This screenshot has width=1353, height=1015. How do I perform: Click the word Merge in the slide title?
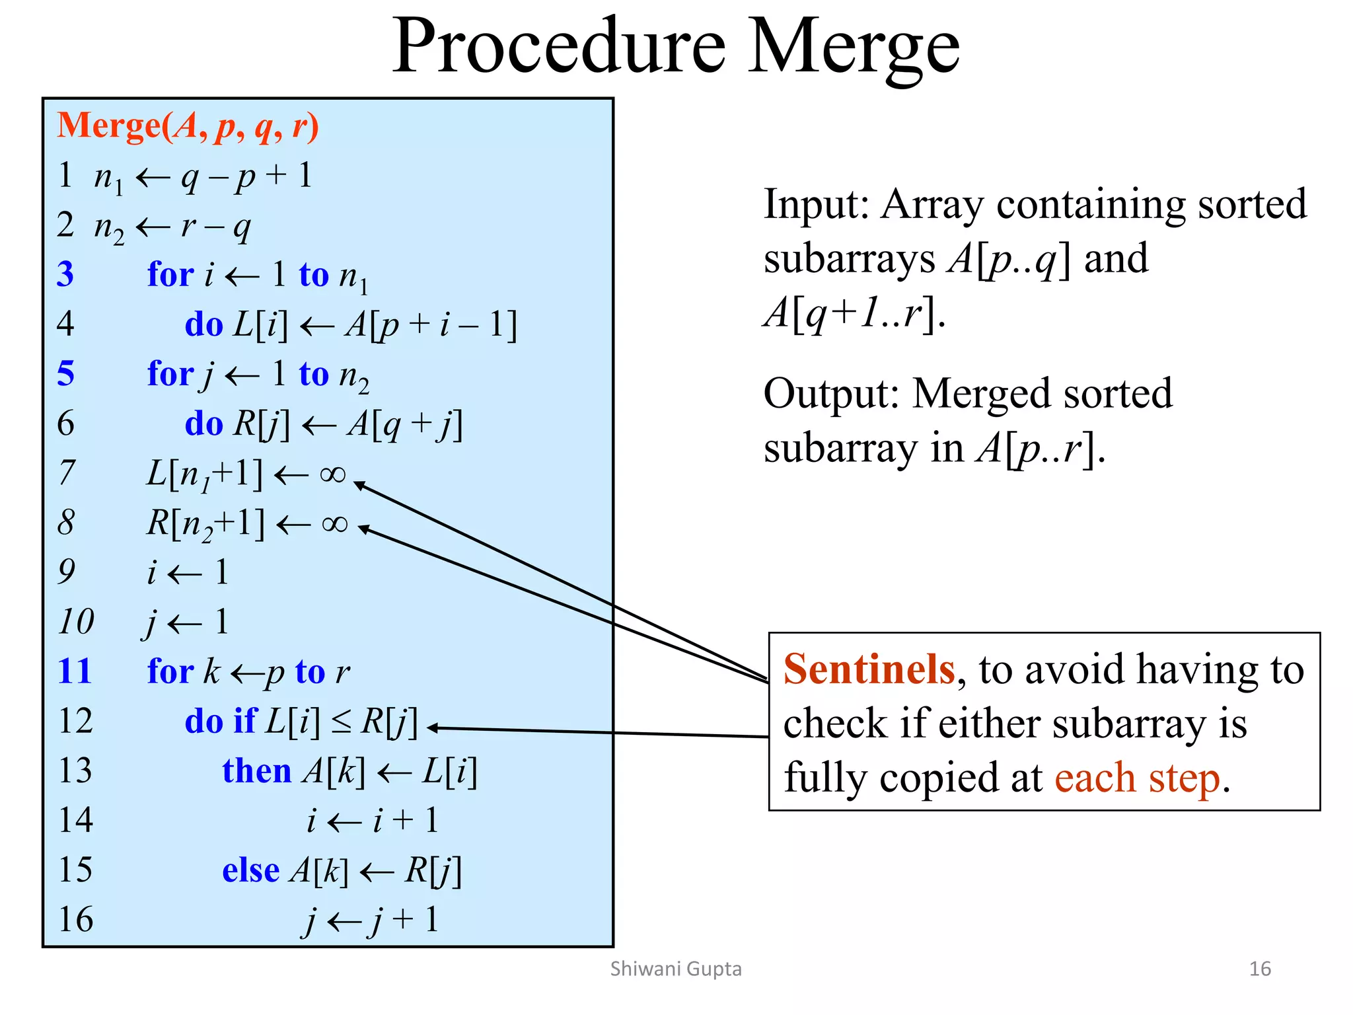coord(854,48)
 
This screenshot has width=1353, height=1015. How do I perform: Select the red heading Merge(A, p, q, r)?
coord(188,126)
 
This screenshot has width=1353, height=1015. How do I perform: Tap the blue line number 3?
coord(65,274)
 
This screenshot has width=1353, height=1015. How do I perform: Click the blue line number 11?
coord(74,671)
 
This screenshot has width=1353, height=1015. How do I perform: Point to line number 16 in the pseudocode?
coord(75,919)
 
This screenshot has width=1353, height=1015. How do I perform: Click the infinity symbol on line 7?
coord(332,474)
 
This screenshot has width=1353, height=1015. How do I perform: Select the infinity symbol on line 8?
coord(334,524)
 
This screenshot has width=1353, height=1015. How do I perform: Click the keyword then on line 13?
coord(256,771)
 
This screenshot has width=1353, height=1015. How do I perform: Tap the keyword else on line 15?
coord(250,870)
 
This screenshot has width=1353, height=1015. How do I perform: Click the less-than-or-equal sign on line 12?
coord(341,722)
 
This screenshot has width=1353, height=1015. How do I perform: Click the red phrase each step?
coord(1137,778)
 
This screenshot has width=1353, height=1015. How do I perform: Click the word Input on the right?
coord(815,204)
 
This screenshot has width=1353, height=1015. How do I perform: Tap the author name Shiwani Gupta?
coord(676,969)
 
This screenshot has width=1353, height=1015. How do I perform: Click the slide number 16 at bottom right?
coord(1260,969)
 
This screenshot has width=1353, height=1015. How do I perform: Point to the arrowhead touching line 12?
coord(433,728)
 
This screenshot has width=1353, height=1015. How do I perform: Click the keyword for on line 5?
coord(170,374)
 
